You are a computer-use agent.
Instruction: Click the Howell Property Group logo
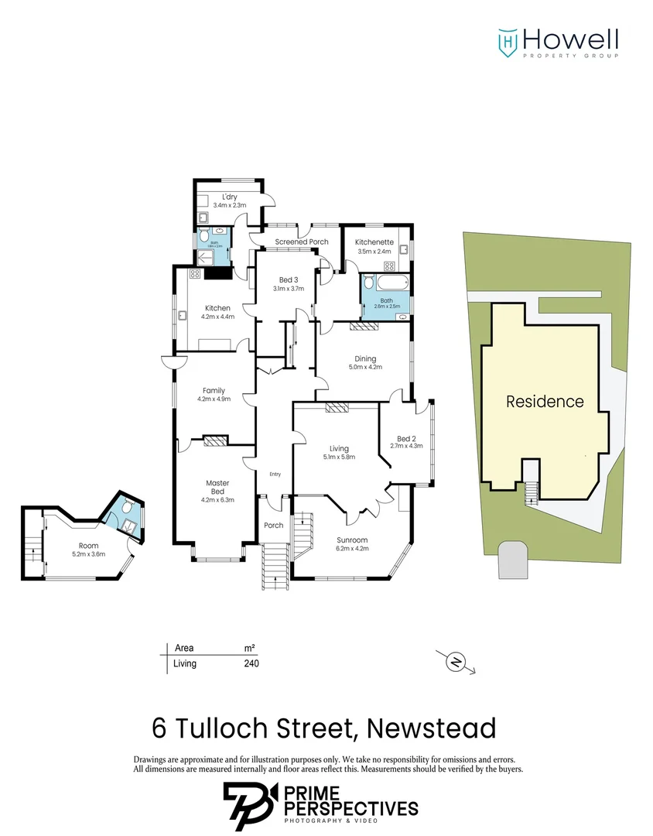click(x=557, y=43)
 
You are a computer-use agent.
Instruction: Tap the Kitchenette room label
click(x=374, y=242)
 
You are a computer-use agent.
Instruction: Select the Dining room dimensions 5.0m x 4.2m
click(x=365, y=367)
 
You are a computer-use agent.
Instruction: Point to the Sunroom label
click(x=352, y=540)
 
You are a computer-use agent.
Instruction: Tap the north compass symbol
click(x=456, y=662)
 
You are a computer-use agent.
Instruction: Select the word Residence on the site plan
click(x=545, y=402)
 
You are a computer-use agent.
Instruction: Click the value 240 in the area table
click(x=251, y=663)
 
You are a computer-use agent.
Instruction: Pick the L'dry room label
click(x=229, y=197)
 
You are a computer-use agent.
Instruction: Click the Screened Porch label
click(x=302, y=242)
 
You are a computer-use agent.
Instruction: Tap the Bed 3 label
click(x=288, y=279)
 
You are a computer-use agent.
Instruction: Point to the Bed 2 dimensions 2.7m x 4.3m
click(x=406, y=446)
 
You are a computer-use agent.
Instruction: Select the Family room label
click(x=214, y=390)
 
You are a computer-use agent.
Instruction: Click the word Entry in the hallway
click(x=275, y=475)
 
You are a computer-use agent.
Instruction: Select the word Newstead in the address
click(x=431, y=728)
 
